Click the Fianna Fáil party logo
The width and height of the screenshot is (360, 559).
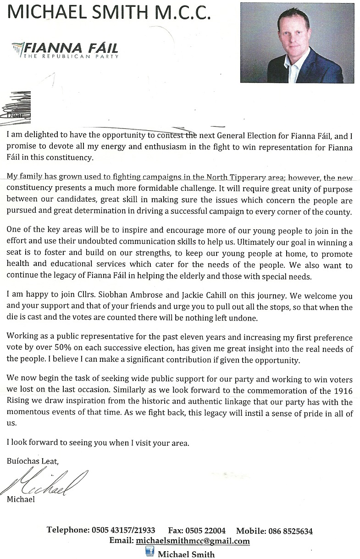(x=65, y=49)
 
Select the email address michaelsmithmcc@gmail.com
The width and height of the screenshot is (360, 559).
(x=193, y=541)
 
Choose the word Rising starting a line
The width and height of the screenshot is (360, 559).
(x=18, y=402)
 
